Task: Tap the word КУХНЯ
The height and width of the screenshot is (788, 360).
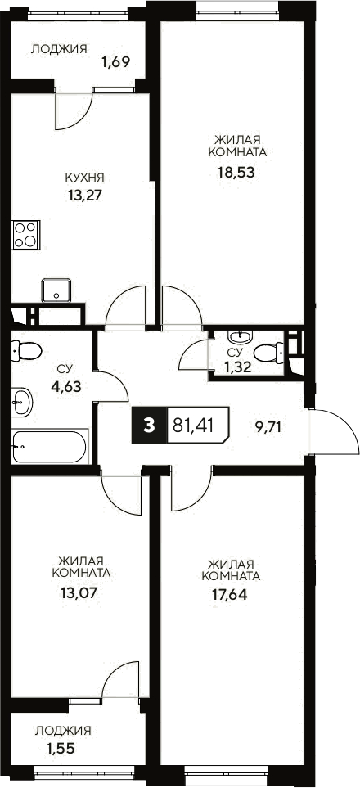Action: pyautogui.click(x=84, y=177)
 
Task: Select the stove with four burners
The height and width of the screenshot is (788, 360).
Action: pyautogui.click(x=26, y=234)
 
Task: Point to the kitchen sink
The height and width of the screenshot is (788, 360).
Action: pyautogui.click(x=57, y=290)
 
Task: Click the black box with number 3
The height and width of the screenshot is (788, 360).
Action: pyautogui.click(x=148, y=426)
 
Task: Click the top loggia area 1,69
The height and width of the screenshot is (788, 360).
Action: pyautogui.click(x=117, y=60)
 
